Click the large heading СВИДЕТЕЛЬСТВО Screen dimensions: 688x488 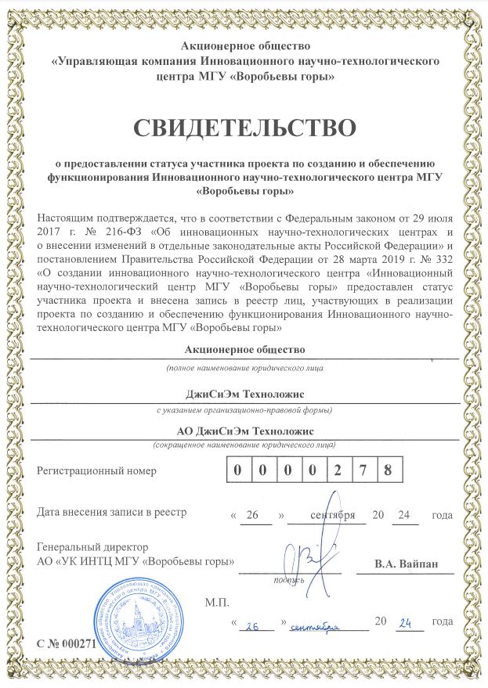[244, 127]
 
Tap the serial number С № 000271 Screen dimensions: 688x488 [66, 643]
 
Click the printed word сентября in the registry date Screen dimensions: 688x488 [333, 515]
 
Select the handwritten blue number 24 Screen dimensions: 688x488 [405, 624]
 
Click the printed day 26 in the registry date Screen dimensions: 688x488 [251, 515]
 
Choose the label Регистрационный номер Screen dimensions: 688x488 [97, 471]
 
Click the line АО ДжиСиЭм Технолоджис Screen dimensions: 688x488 [245, 431]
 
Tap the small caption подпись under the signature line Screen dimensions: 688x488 [287, 580]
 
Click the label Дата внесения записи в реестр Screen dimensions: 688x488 [112, 513]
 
